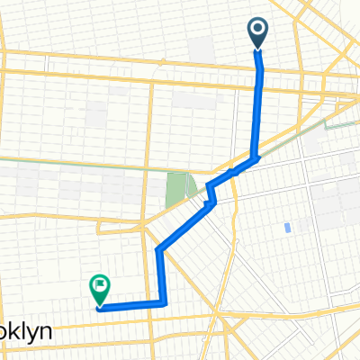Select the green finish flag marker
tap(98, 290)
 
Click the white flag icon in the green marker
tap(98, 287)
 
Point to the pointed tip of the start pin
tap(257, 50)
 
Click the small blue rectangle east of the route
tap(286, 227)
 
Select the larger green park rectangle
tap(175, 187)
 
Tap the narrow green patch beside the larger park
tap(193, 184)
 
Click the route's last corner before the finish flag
tap(163, 302)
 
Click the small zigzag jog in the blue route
tap(211, 193)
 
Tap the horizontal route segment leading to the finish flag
tap(130, 305)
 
